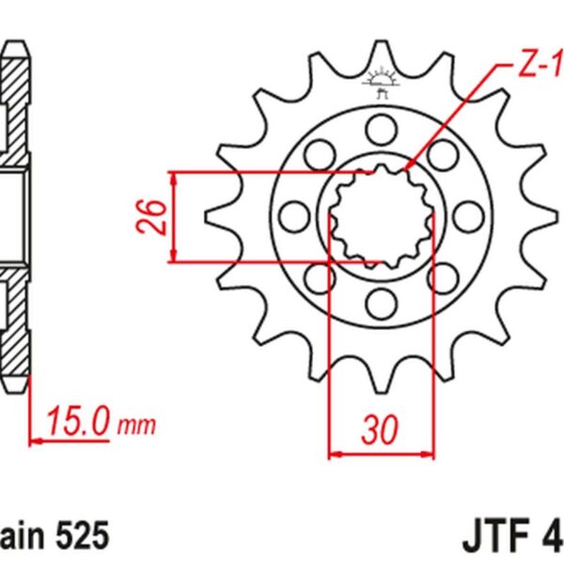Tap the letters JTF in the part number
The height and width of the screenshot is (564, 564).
pos(496,536)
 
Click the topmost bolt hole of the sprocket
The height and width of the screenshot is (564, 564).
pos(383,128)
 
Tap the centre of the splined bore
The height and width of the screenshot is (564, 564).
pos(382,215)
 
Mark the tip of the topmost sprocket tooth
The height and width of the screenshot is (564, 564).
pos(382,44)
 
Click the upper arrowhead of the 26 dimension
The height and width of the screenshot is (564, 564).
pos(175,180)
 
